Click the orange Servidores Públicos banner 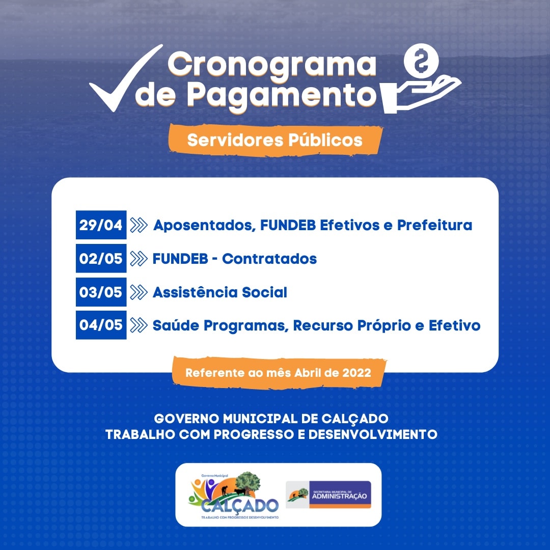[x=275, y=140]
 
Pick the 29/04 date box [x=101, y=225]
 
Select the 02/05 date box [x=101, y=258]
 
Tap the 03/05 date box [x=101, y=292]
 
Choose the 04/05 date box [x=101, y=325]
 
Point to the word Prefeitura [x=434, y=225]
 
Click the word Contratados [x=269, y=259]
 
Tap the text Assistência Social [x=219, y=292]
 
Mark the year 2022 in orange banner [x=356, y=373]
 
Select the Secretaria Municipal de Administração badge [x=328, y=494]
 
